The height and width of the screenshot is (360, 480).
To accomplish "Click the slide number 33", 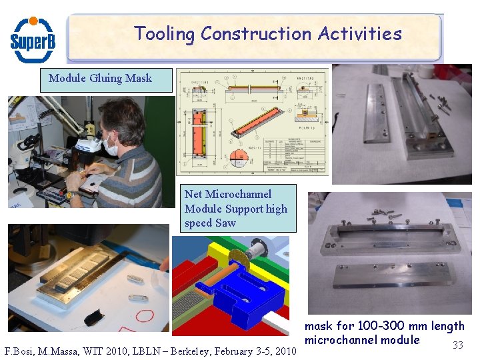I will pyautogui.click(x=457, y=345).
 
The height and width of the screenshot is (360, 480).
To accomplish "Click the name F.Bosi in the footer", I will pyautogui.click(x=19, y=351).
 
